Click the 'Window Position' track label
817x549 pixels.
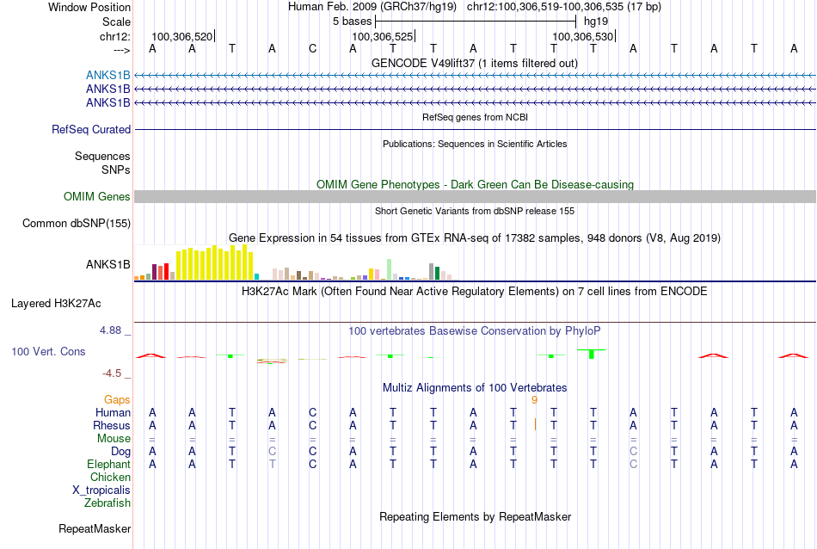coord(89,7)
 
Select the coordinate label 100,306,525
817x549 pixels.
coord(382,36)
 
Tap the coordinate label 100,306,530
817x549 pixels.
coord(582,36)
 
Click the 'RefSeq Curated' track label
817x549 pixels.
coord(91,129)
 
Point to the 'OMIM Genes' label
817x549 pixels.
coord(97,196)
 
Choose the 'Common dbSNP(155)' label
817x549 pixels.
coord(77,223)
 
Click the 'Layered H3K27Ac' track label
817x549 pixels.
coord(56,304)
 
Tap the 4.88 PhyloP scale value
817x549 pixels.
coord(110,330)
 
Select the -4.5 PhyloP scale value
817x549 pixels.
coord(112,373)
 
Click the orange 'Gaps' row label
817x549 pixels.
coord(117,400)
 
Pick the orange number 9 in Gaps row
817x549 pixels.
coord(534,400)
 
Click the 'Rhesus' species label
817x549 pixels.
coord(112,425)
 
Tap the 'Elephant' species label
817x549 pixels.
coord(109,464)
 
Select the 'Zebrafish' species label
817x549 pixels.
coord(107,503)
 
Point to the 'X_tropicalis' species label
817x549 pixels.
coord(101,490)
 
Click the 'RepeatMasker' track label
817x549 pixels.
coord(95,528)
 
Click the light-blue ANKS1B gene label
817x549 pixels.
coord(108,76)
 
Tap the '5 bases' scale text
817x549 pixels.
coord(353,22)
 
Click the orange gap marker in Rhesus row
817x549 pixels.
coord(535,424)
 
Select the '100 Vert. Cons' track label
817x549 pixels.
coord(48,351)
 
